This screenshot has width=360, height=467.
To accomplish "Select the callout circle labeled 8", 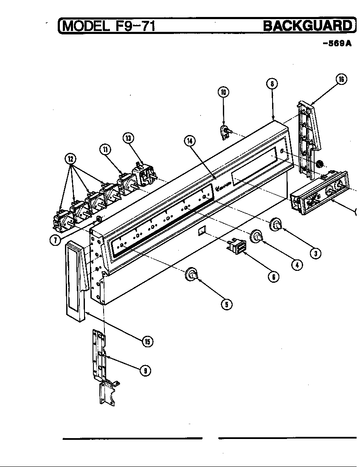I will [272, 84].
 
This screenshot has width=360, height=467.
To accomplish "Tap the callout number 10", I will [223, 92].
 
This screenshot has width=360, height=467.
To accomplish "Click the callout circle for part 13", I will [128, 138].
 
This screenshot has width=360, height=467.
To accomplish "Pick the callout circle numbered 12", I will [70, 159].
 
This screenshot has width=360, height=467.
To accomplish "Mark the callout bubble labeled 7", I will [54, 240].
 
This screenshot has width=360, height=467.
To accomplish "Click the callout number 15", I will [147, 341].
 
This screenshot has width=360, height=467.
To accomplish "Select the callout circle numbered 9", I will [145, 370].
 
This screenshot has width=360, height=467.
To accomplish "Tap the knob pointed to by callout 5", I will [192, 276].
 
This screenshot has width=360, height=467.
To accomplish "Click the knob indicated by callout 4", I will [256, 236].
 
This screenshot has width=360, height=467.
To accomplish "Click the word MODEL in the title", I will [84, 27].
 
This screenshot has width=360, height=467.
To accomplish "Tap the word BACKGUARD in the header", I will [307, 26].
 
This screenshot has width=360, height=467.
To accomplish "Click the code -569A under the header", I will [337, 43].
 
